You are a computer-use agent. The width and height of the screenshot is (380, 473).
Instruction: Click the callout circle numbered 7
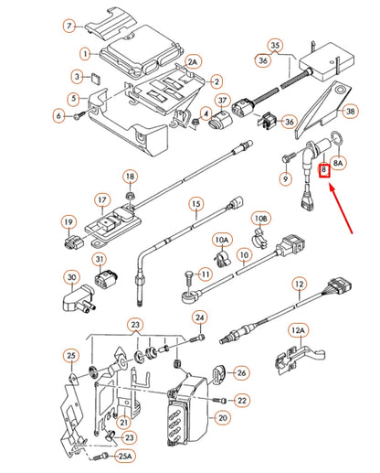(x=69, y=25)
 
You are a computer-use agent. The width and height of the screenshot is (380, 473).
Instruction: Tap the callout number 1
(x=84, y=56)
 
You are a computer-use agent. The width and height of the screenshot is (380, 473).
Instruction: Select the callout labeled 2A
(x=192, y=61)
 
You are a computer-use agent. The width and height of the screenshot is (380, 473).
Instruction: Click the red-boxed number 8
(x=322, y=170)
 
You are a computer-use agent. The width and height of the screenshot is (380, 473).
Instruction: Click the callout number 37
(x=222, y=101)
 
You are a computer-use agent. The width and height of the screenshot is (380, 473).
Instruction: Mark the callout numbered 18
(x=130, y=177)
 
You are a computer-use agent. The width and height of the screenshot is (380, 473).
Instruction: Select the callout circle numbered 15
(x=195, y=204)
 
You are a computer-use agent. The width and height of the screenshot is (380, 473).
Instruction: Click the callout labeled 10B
(x=262, y=220)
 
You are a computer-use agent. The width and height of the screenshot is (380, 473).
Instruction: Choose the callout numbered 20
(x=222, y=418)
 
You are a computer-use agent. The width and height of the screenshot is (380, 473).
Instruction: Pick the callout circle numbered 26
(x=241, y=372)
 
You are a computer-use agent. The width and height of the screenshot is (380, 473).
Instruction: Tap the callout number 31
(x=100, y=262)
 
